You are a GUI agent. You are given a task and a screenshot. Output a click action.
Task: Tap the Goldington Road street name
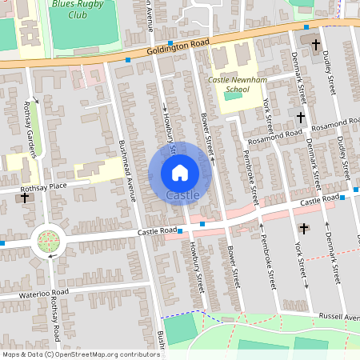[x=178, y=49]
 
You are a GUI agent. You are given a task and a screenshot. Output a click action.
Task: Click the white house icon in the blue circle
[x=179, y=172]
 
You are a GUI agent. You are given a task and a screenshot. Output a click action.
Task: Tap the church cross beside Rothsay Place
[x=25, y=197]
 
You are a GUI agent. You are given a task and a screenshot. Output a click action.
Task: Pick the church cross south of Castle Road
[x=303, y=228]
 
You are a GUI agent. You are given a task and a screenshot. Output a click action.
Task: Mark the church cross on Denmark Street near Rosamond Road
[x=300, y=117]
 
